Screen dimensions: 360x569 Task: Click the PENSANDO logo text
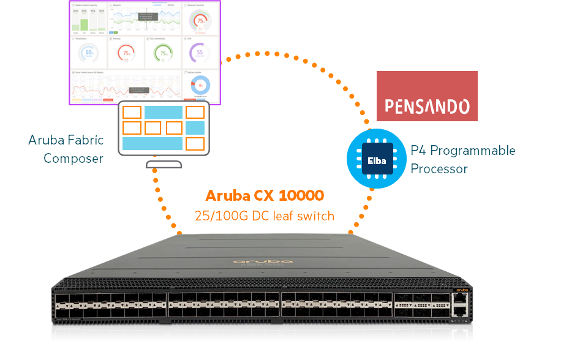click(427, 108)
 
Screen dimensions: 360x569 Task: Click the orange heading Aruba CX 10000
click(265, 196)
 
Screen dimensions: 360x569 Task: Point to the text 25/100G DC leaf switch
click(265, 216)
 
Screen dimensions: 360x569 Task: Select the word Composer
click(73, 159)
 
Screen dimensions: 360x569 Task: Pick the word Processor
click(439, 168)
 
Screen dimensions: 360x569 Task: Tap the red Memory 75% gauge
click(126, 53)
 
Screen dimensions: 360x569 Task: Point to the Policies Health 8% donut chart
click(201, 85)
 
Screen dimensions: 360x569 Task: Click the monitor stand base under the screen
click(162, 164)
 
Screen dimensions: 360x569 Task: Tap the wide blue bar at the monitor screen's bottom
click(153, 143)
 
